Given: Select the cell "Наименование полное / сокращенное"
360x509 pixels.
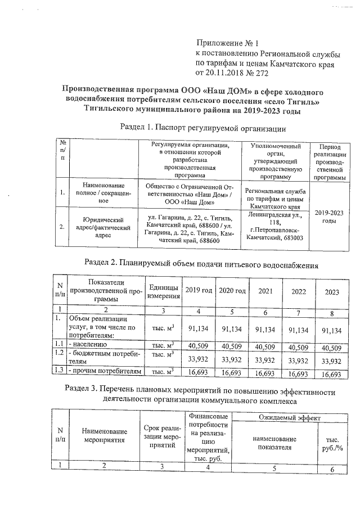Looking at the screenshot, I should [103, 192].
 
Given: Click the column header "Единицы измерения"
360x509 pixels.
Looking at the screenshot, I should [163, 291].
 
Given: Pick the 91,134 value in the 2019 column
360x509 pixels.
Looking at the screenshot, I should [199, 331].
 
